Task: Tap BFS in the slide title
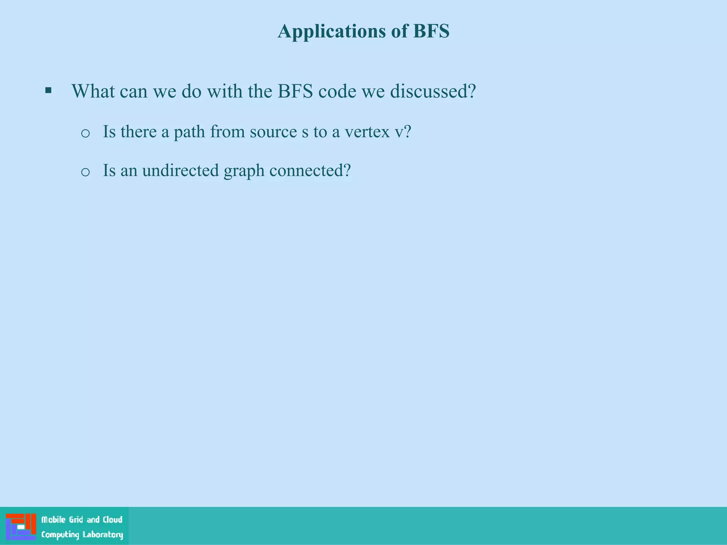click(431, 31)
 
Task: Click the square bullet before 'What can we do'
click(48, 90)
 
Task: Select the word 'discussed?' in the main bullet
click(433, 91)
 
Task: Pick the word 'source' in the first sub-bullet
click(273, 132)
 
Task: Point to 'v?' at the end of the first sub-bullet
click(403, 132)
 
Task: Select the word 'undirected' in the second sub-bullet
click(180, 170)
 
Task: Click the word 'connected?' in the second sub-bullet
click(310, 170)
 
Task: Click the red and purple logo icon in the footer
click(21, 527)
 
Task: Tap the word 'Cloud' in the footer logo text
click(113, 520)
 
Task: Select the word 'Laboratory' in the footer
click(103, 535)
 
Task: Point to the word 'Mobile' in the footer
click(53, 520)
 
